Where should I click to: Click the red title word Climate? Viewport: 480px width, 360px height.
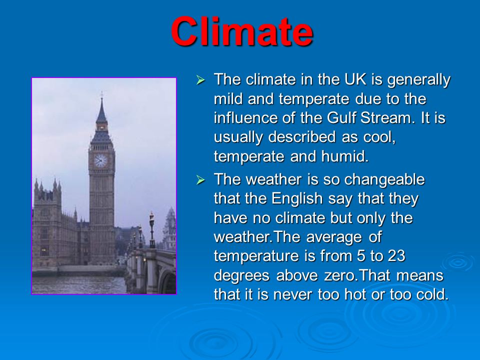[x=242, y=31]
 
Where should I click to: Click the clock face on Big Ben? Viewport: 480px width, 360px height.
[x=100, y=160]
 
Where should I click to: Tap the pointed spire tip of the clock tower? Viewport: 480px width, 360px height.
[x=101, y=92]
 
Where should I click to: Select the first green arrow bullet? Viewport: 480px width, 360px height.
[x=200, y=80]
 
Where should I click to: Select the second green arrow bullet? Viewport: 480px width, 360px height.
[x=200, y=180]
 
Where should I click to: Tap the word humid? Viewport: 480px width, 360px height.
[x=344, y=156]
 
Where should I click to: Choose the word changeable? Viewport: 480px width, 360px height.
[x=384, y=179]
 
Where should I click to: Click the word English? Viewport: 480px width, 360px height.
[x=297, y=198]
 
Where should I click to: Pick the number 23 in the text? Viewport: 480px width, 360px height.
[x=396, y=256]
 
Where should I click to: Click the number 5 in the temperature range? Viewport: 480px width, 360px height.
[x=361, y=256]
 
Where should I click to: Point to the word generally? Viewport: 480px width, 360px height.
[x=419, y=80]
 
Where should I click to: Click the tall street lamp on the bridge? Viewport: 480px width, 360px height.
[x=152, y=229]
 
